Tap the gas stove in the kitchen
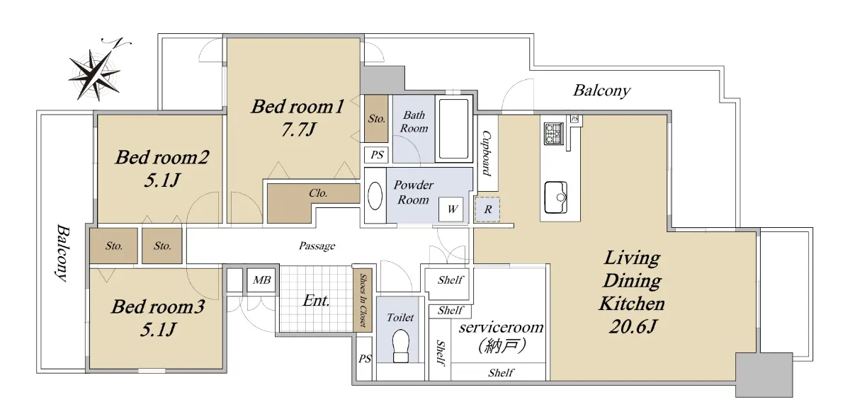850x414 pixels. point(554,134)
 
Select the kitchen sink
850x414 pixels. point(556,197)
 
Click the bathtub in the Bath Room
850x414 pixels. point(453,129)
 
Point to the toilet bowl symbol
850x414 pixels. point(400,346)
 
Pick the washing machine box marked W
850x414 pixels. point(450,209)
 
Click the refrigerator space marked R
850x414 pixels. point(487,209)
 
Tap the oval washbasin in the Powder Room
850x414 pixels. point(375,195)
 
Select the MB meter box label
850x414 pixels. point(261,280)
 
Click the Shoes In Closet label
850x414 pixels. point(363,300)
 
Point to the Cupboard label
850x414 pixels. point(487,153)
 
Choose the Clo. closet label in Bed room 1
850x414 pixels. point(318,193)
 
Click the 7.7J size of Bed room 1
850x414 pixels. point(298,130)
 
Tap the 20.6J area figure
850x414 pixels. point(632,326)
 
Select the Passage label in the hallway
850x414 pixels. point(317,246)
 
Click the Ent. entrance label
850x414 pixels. point(316,301)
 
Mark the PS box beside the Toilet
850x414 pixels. point(365,359)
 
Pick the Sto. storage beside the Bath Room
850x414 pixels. point(376,119)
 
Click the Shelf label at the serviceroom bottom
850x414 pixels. point(501,373)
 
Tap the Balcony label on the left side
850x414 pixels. point(62,253)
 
